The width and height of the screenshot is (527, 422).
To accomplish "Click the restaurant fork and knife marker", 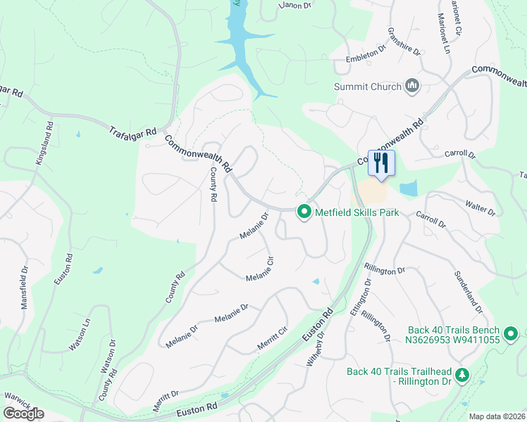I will pyautogui.click(x=381, y=163).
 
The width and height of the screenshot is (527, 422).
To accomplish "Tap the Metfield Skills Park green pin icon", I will pyautogui.click(x=304, y=211).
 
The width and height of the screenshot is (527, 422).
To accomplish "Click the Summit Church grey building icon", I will pyautogui.click(x=412, y=87).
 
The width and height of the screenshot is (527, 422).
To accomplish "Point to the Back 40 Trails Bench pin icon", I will pyautogui.click(x=511, y=333).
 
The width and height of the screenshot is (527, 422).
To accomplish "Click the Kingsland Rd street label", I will pyautogui.click(x=44, y=144).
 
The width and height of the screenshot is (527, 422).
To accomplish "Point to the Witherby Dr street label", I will pyautogui.click(x=315, y=348).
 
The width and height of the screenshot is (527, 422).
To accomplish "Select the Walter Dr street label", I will pyautogui.click(x=481, y=207).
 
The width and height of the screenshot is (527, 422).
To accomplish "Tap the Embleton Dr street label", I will pyautogui.click(x=367, y=56).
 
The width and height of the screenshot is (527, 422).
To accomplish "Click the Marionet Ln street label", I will pyautogui.click(x=445, y=34).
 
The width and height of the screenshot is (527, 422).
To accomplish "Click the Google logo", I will pyautogui.click(x=23, y=413).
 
